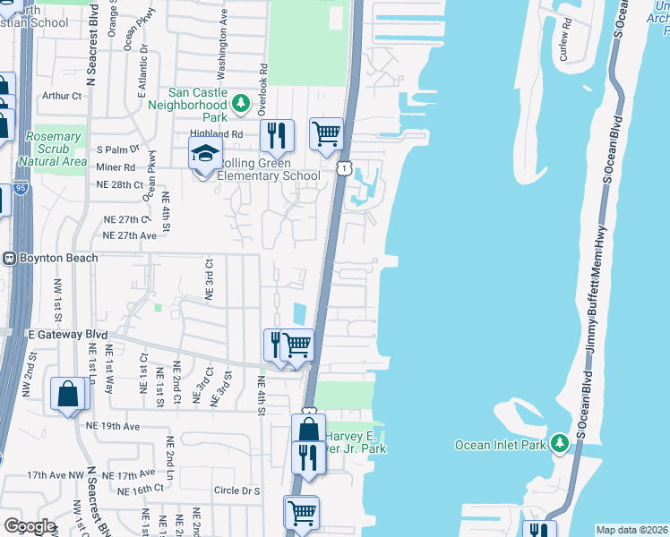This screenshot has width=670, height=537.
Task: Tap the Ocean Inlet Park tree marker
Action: [560, 443]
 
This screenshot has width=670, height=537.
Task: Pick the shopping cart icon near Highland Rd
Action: [327, 133]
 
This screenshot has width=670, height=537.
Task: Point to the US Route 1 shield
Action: [344, 167]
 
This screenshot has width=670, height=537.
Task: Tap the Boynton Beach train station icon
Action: [9, 258]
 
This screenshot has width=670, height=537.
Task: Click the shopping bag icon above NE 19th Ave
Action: [68, 394]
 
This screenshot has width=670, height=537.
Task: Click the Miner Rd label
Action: [116, 166]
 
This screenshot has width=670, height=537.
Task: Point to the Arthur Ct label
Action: [61, 96]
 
